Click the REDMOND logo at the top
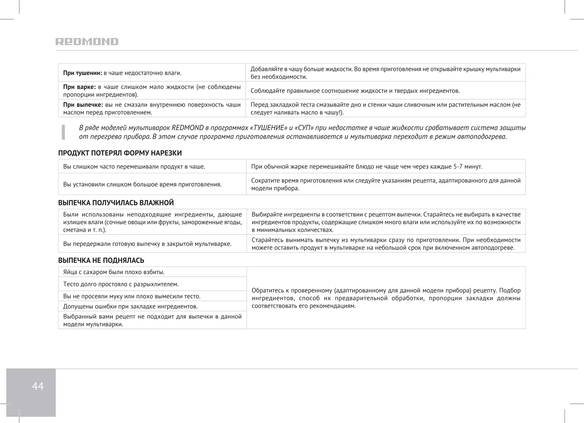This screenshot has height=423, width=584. [87, 42]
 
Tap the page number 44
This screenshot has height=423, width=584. [38, 386]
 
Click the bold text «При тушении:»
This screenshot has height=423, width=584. [82, 73]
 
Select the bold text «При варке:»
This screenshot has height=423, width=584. [79, 87]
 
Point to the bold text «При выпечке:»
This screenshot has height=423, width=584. [83, 105]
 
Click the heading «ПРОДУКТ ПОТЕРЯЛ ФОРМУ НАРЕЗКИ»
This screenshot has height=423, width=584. [120, 153]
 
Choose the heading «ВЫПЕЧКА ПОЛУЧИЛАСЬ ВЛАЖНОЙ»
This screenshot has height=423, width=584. [116, 203]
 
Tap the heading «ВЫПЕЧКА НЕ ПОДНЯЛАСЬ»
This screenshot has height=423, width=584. [101, 260]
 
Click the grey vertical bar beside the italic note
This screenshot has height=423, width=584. [63, 132]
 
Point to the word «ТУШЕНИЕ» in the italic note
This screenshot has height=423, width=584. [268, 128]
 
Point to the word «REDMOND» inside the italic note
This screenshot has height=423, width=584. [188, 128]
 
